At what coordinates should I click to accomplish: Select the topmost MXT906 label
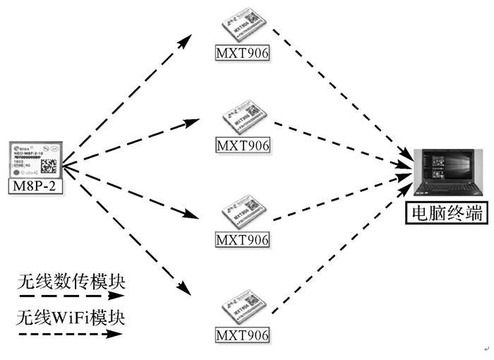coord(243,53)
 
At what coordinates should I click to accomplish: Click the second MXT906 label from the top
coord(243,146)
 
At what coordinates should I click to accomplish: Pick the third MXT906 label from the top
coord(243,240)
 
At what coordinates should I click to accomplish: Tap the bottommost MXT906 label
coord(243,334)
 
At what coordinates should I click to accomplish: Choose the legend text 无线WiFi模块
coord(71,317)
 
